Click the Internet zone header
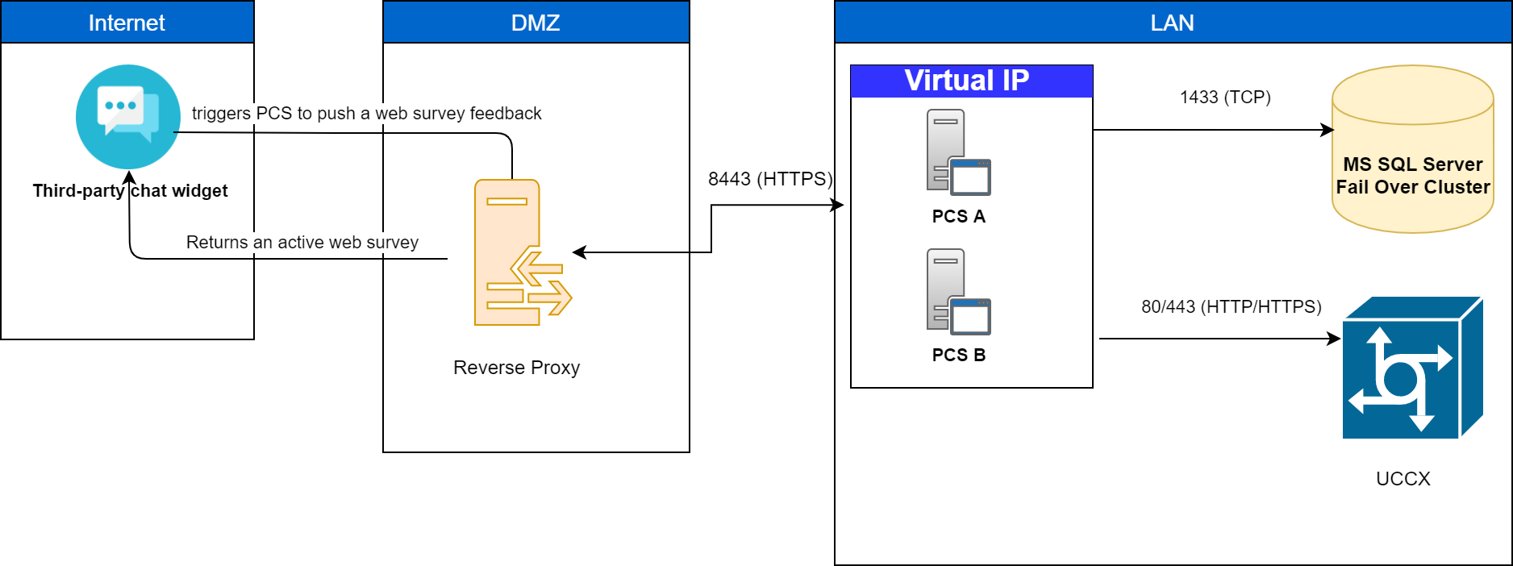pos(127,23)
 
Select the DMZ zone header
pos(536,23)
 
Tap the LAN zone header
pos(1172,23)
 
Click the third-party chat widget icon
pos(128,116)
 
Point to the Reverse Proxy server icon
pos(516,252)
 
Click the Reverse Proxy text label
pos(516,368)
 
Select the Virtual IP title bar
pos(971,81)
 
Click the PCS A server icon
pos(958,152)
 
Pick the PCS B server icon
pos(958,292)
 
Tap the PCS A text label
pos(958,216)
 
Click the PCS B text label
pos(958,355)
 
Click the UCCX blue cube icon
pos(1411,368)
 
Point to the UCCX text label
pos(1403,479)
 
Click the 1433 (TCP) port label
pos(1225,98)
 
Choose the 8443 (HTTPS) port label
pos(770,179)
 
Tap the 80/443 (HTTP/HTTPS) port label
pos(1231,306)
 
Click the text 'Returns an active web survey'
pos(302,243)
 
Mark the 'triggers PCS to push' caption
pos(366,114)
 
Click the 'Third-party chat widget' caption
pos(130,191)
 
